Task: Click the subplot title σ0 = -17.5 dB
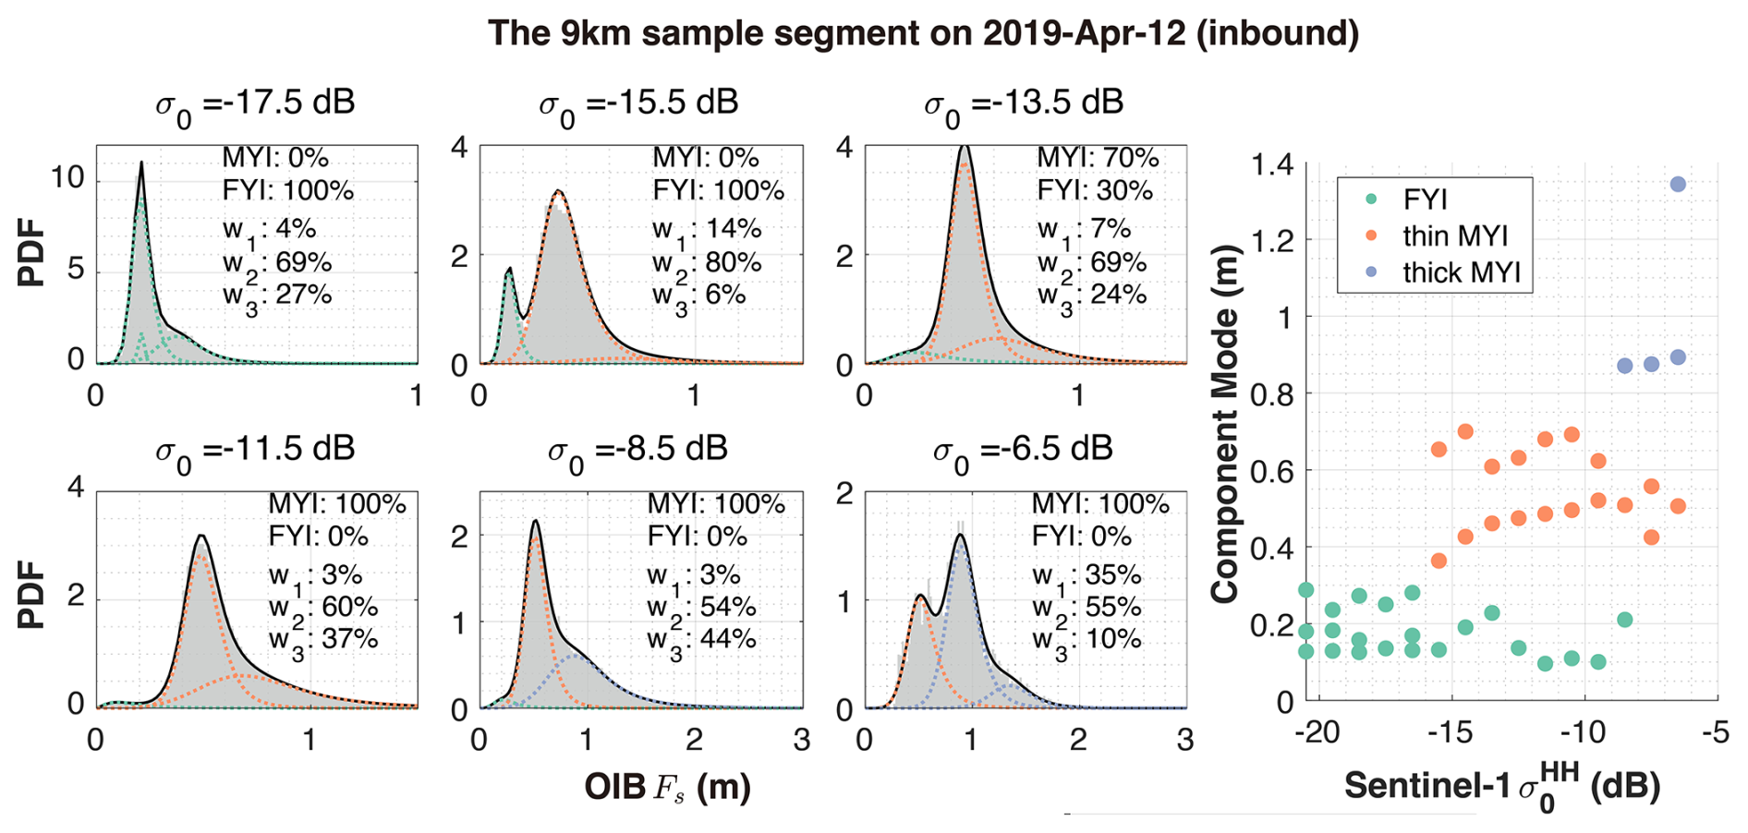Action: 254,103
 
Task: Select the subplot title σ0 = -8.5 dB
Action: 637,451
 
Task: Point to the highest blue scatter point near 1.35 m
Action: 1678,185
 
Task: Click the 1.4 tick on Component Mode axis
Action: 1272,166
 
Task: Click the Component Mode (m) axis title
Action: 1225,424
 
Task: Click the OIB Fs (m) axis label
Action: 667,788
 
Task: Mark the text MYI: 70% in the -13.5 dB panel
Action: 1098,158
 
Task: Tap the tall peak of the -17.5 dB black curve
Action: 141,163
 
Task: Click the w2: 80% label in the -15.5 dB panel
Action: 707,263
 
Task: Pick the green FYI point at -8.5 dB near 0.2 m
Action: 1624,620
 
